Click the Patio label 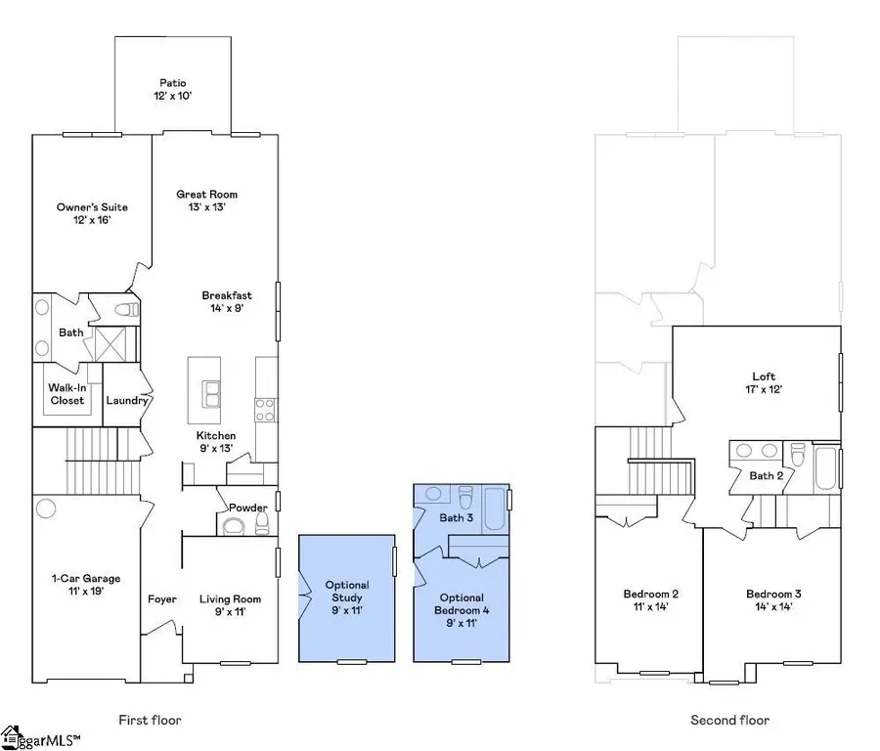pyautogui.click(x=173, y=83)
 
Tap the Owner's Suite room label pyautogui.click(x=92, y=207)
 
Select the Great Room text pyautogui.click(x=206, y=195)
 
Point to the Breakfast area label pyautogui.click(x=227, y=295)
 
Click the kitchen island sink pyautogui.click(x=212, y=393)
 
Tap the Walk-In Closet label pyautogui.click(x=66, y=393)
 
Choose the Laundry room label pyautogui.click(x=126, y=400)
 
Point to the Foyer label pyautogui.click(x=161, y=599)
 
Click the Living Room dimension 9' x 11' pyautogui.click(x=231, y=613)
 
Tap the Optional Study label pyautogui.click(x=347, y=591)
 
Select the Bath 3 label pyautogui.click(x=456, y=517)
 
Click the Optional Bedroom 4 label pyautogui.click(x=461, y=603)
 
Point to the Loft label pyautogui.click(x=763, y=375)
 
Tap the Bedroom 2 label pyautogui.click(x=650, y=594)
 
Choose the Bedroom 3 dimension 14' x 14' pyautogui.click(x=768, y=606)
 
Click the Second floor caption pyautogui.click(x=729, y=721)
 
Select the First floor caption pyautogui.click(x=150, y=721)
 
